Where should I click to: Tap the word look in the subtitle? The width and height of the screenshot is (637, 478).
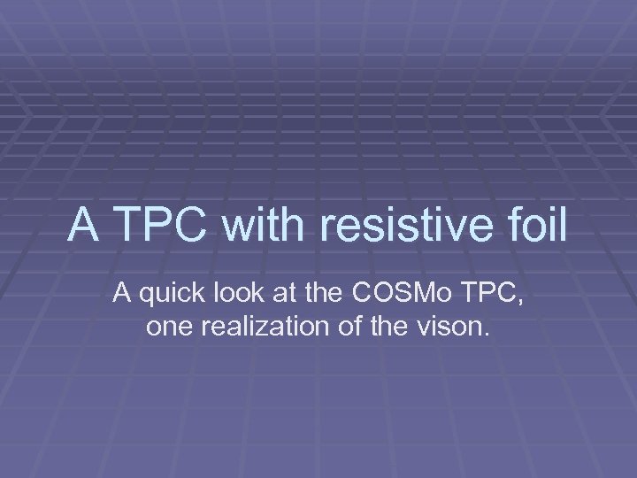tap(231, 294)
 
